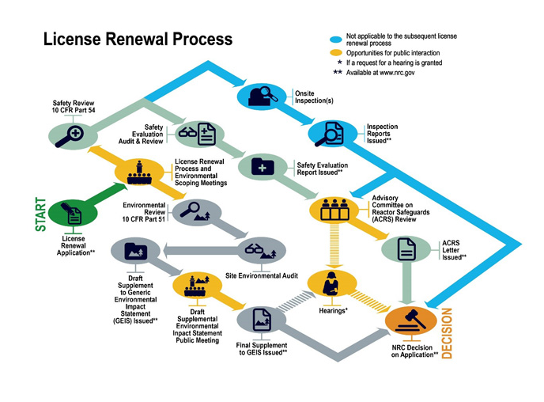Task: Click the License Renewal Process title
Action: [x=138, y=39]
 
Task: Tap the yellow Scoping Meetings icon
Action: [x=141, y=172]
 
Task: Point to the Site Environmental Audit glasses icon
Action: [x=262, y=249]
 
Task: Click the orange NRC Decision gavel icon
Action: [x=409, y=321]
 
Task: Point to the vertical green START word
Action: [x=40, y=214]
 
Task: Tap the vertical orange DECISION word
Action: [x=446, y=333]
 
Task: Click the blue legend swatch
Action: [x=334, y=38]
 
